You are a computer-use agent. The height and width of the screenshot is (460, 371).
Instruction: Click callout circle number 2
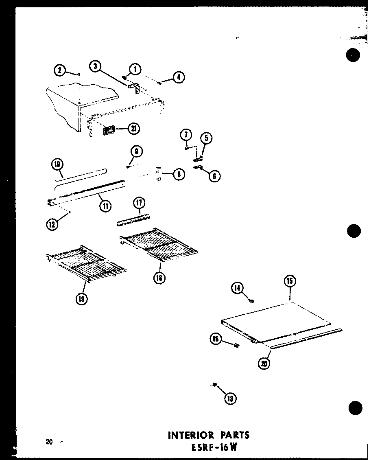[x=60, y=70]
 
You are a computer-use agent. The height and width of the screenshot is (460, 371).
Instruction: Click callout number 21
[x=133, y=129]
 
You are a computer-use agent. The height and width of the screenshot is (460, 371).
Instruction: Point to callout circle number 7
[x=186, y=134]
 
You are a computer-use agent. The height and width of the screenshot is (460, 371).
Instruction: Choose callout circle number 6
[x=214, y=176]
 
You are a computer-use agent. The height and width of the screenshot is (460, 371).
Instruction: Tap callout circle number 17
[x=140, y=202]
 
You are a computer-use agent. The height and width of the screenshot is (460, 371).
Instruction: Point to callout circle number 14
[x=237, y=288]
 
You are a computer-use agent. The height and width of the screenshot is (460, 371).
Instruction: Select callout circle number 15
[x=290, y=281]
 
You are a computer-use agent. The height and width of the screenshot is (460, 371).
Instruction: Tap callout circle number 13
[x=231, y=399]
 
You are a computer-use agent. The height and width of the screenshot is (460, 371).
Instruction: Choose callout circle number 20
[x=264, y=363]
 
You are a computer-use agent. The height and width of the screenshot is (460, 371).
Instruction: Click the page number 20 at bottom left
[x=49, y=442]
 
